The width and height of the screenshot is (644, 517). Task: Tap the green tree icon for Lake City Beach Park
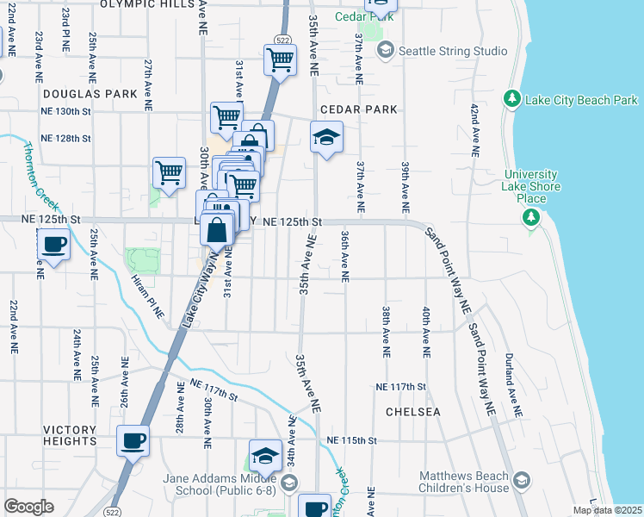(x=513, y=100)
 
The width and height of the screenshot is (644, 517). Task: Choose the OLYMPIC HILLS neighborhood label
(x=149, y=4)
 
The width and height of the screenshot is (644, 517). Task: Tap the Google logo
(x=28, y=507)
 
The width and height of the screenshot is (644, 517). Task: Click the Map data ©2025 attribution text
(x=607, y=510)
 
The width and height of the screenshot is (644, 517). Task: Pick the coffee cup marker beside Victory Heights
(x=133, y=441)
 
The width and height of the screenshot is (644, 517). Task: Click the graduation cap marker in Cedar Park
(x=326, y=137)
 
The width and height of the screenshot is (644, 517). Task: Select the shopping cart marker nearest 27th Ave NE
(x=170, y=171)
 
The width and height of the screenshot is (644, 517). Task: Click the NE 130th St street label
(x=65, y=112)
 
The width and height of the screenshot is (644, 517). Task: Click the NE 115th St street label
(x=352, y=440)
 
